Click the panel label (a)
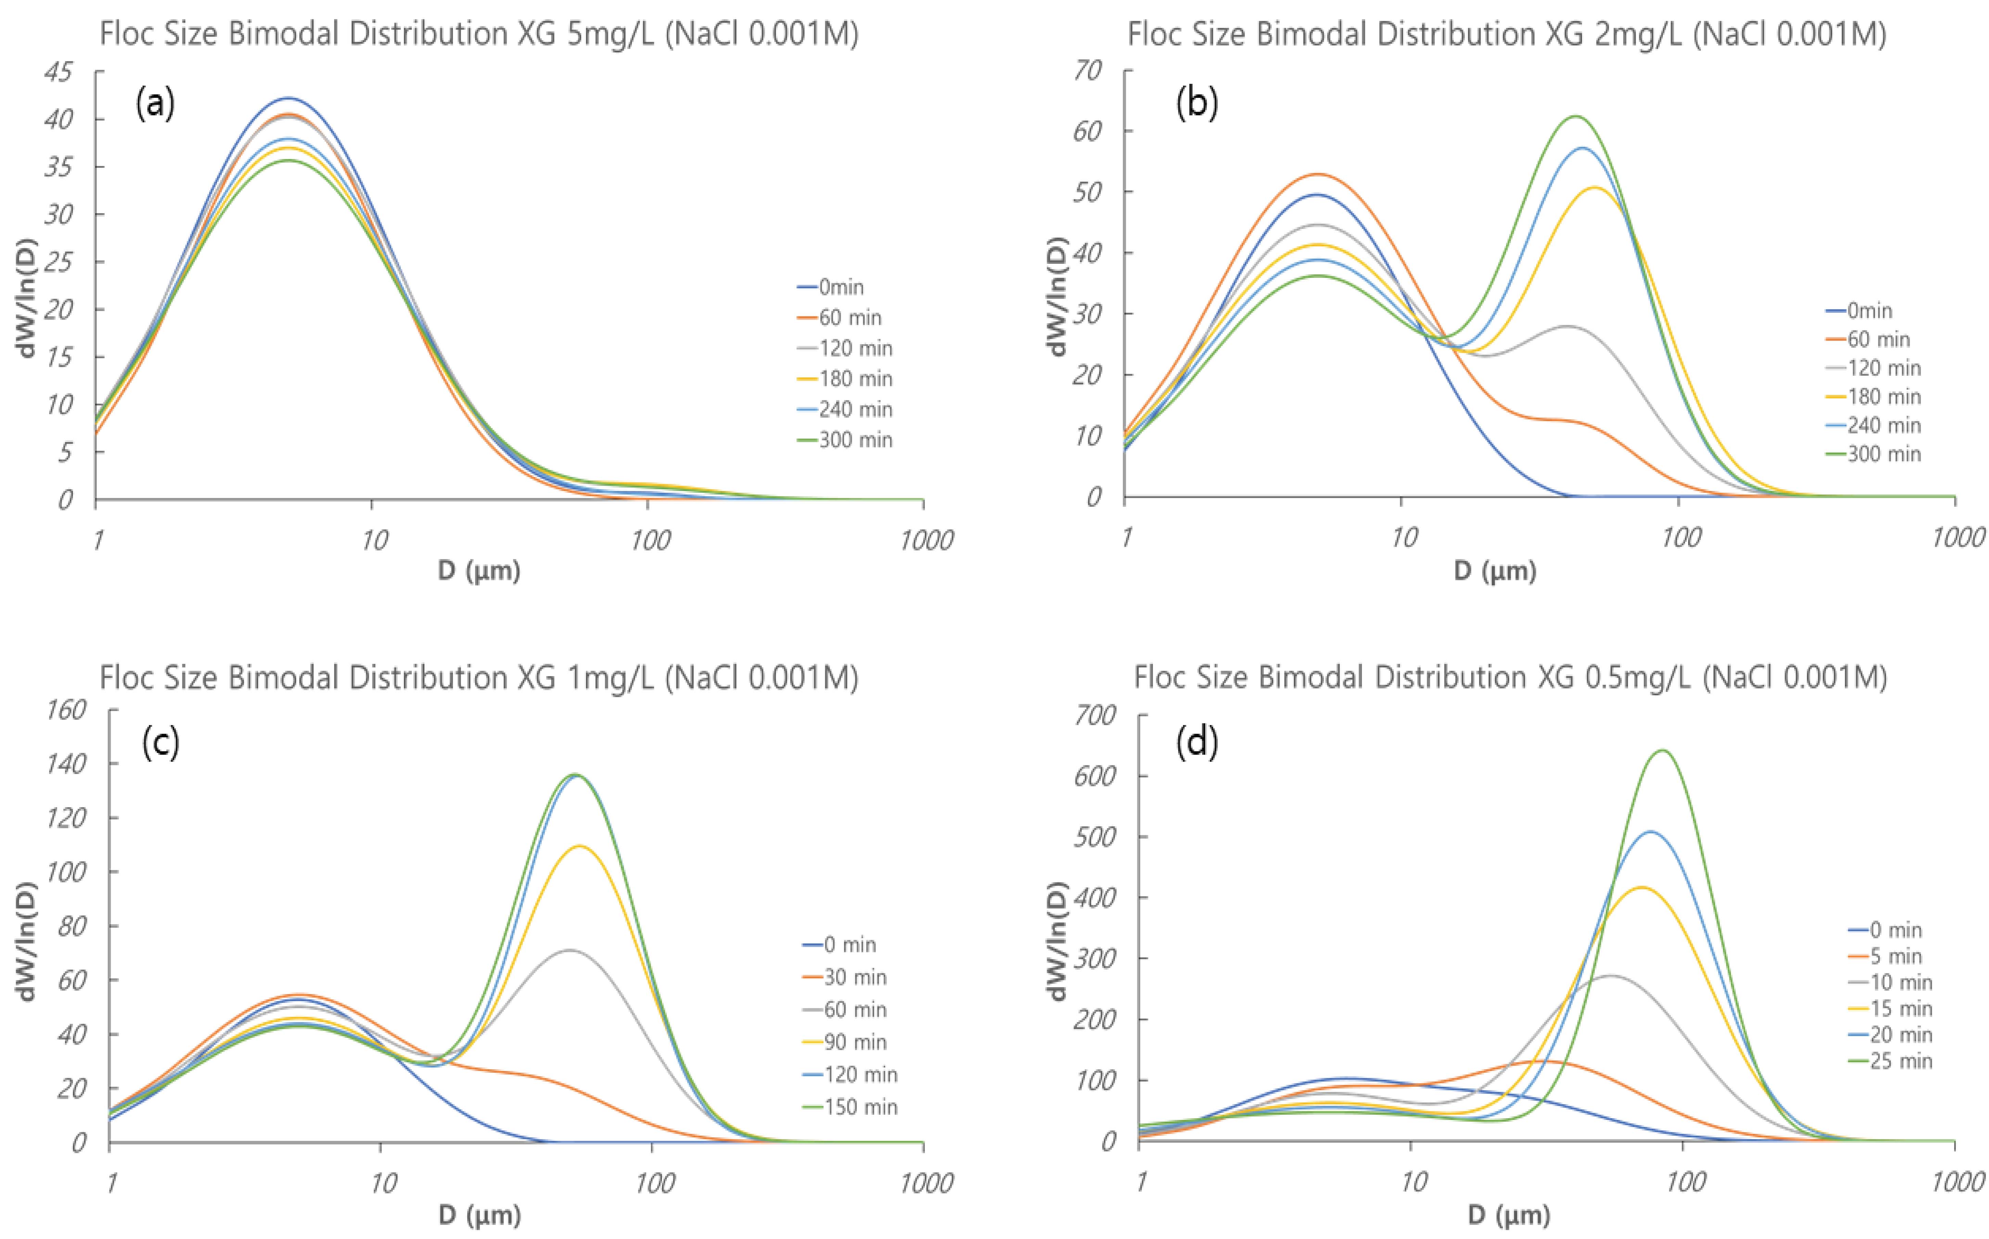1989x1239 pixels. pos(156,105)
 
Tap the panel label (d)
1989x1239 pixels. pos(1197,743)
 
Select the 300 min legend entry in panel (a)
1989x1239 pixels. pos(845,440)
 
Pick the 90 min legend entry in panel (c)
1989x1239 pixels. pos(844,1042)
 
